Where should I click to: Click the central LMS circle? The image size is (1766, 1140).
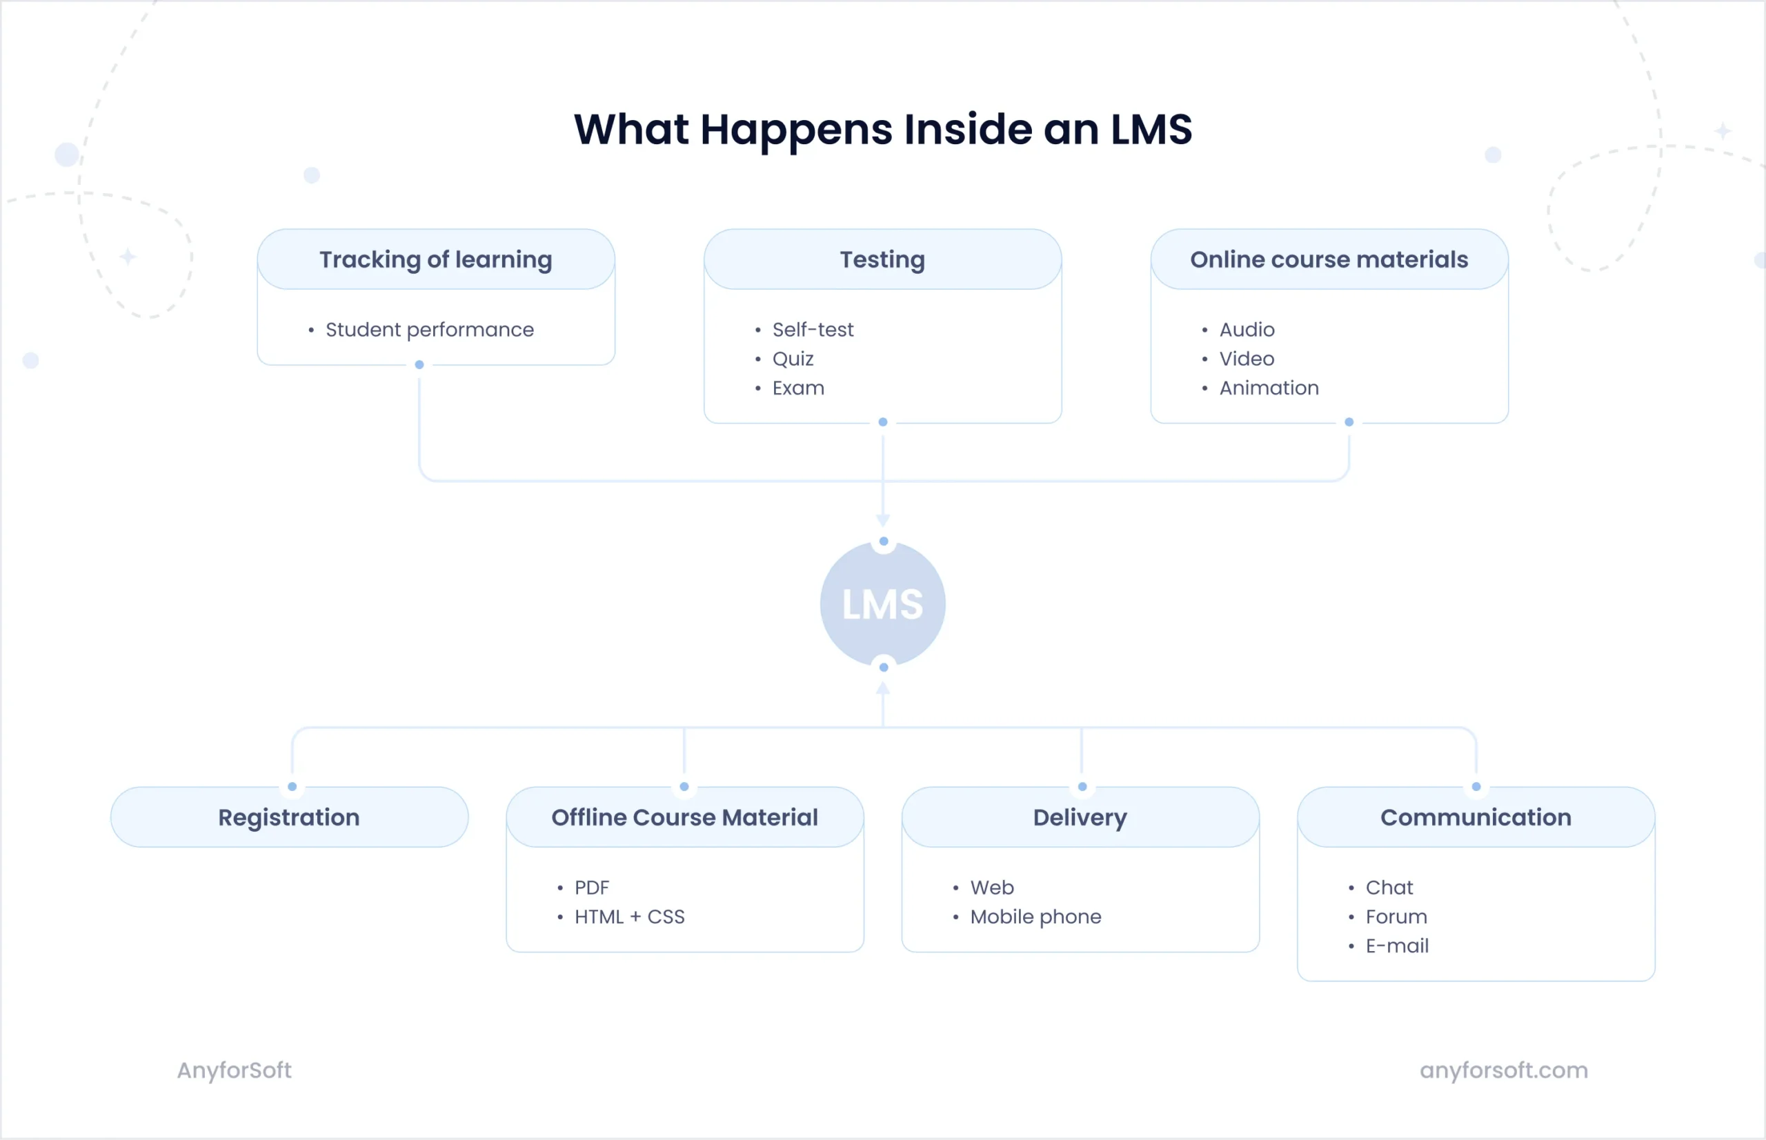882,604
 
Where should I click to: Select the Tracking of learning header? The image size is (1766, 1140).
435,260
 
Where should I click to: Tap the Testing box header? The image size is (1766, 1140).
882,260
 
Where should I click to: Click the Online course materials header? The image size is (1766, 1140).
1329,260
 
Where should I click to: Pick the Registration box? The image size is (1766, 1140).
289,817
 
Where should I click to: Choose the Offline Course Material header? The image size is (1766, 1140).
684,817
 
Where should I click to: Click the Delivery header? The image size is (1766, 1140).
1080,817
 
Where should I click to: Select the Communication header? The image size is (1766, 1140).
1475,817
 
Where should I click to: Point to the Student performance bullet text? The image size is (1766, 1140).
430,330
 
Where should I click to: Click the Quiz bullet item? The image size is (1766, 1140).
793,359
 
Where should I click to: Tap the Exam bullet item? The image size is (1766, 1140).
797,388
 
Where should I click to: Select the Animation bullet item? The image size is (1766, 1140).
1269,388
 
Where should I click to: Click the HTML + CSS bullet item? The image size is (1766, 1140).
629,917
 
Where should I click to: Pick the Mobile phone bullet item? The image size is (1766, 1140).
1035,917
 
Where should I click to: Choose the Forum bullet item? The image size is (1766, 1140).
1396,917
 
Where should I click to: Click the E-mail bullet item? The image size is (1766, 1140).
1396,946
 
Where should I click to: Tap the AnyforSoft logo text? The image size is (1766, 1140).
234,1070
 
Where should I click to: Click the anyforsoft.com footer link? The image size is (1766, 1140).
1503,1070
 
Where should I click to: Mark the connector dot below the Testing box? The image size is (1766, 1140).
882,422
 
